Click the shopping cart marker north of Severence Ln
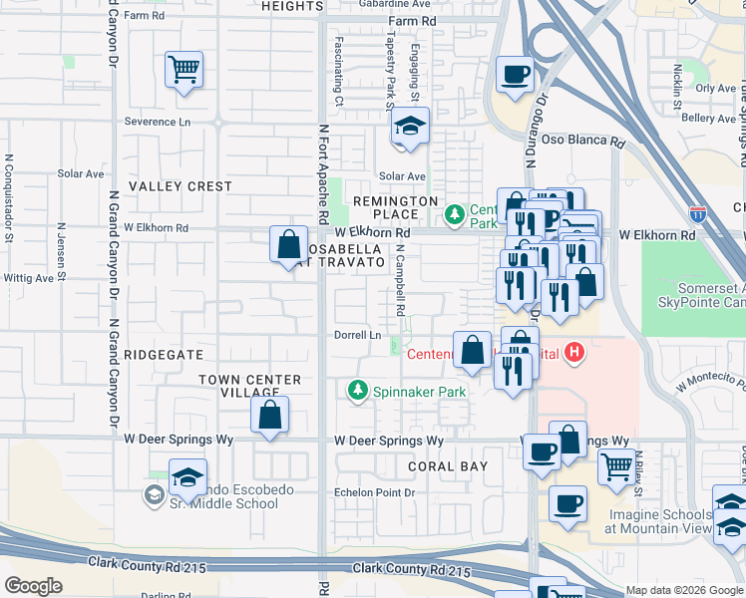[184, 70]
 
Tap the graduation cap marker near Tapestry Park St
[409, 127]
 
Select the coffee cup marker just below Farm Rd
[515, 75]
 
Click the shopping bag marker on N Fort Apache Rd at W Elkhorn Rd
[288, 244]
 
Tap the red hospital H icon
[573, 353]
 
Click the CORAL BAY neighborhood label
[448, 466]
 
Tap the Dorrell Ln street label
[357, 336]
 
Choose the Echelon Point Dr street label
[375, 492]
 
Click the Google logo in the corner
[33, 586]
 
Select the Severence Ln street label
[157, 122]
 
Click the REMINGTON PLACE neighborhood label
[397, 207]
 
